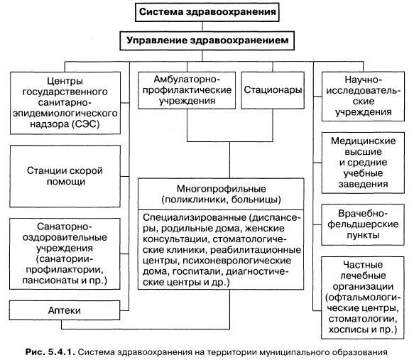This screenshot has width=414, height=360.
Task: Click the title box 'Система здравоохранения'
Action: (207, 12)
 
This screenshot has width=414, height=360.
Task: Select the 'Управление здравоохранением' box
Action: (207, 40)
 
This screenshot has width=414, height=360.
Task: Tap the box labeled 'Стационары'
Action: (273, 90)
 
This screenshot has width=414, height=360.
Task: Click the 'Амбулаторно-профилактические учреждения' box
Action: (187, 90)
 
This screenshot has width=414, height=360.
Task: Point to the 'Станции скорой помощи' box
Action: (65, 176)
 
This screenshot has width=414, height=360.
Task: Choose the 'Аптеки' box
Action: (65, 310)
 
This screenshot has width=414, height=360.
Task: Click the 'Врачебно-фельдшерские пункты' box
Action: (363, 224)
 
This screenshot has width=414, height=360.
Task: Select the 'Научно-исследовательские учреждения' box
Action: (363, 96)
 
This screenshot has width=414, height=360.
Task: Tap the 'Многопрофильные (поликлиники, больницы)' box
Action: (221, 194)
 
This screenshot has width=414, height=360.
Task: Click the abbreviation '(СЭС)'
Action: (85, 124)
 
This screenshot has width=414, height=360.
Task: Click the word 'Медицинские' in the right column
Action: (364, 141)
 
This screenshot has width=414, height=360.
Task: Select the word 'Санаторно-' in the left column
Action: (65, 227)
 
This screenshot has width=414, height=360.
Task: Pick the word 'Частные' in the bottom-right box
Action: (363, 265)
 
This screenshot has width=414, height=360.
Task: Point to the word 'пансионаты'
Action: (50, 280)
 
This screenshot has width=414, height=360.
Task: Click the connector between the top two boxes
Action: (202, 27)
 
